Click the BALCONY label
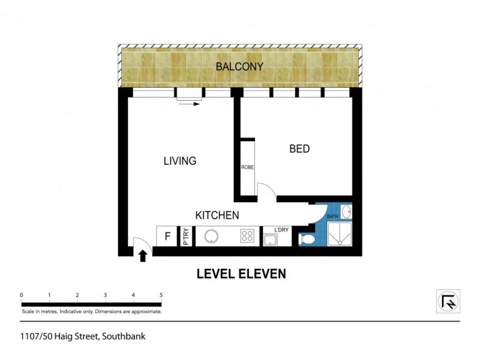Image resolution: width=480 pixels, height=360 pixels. tap(239, 67)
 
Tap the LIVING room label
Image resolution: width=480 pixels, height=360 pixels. tap(180, 161)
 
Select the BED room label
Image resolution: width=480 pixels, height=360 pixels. tap(299, 148)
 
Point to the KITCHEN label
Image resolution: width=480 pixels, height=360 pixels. tap(217, 215)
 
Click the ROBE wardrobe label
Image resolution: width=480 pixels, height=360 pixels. tap(248, 167)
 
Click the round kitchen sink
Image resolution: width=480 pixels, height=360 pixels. tap(212, 236)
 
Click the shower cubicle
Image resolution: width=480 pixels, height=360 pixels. tap(341, 236)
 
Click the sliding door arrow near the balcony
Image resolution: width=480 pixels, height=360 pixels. tap(190, 104)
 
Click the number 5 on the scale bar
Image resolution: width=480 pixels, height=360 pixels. tap(161, 295)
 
